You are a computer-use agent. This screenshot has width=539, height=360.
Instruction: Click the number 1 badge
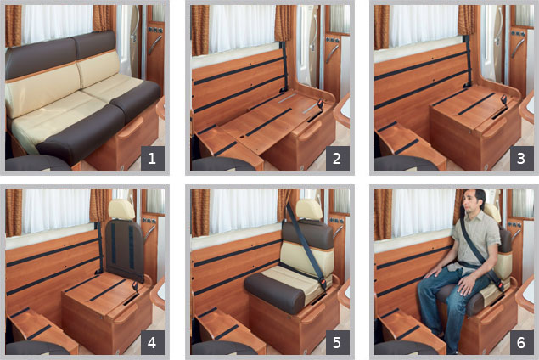152,158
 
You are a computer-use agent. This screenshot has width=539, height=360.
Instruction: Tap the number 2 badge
337,158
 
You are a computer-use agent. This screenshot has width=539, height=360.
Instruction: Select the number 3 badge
521,158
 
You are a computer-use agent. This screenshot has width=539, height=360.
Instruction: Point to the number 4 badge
152,342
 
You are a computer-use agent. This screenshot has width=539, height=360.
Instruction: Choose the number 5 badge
337,342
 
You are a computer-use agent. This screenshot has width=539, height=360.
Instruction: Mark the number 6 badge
521,342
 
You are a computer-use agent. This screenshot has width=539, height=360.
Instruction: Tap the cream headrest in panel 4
121,209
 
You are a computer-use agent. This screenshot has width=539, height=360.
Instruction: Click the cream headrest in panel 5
309,209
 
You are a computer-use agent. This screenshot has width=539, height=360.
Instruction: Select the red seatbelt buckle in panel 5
323,283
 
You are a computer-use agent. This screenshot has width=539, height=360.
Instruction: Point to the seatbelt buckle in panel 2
320,104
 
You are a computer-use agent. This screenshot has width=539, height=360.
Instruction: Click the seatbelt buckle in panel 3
503,100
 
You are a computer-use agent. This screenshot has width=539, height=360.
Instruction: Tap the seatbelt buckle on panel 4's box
135,286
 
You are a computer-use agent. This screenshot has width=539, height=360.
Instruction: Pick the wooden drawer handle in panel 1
131,127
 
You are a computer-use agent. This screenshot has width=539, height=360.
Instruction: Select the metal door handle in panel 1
154,44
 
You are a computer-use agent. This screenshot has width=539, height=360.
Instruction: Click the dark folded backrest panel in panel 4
125,250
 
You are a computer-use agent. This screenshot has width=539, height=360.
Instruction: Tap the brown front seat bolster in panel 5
275,292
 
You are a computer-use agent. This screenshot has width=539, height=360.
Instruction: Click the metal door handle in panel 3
518,48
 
